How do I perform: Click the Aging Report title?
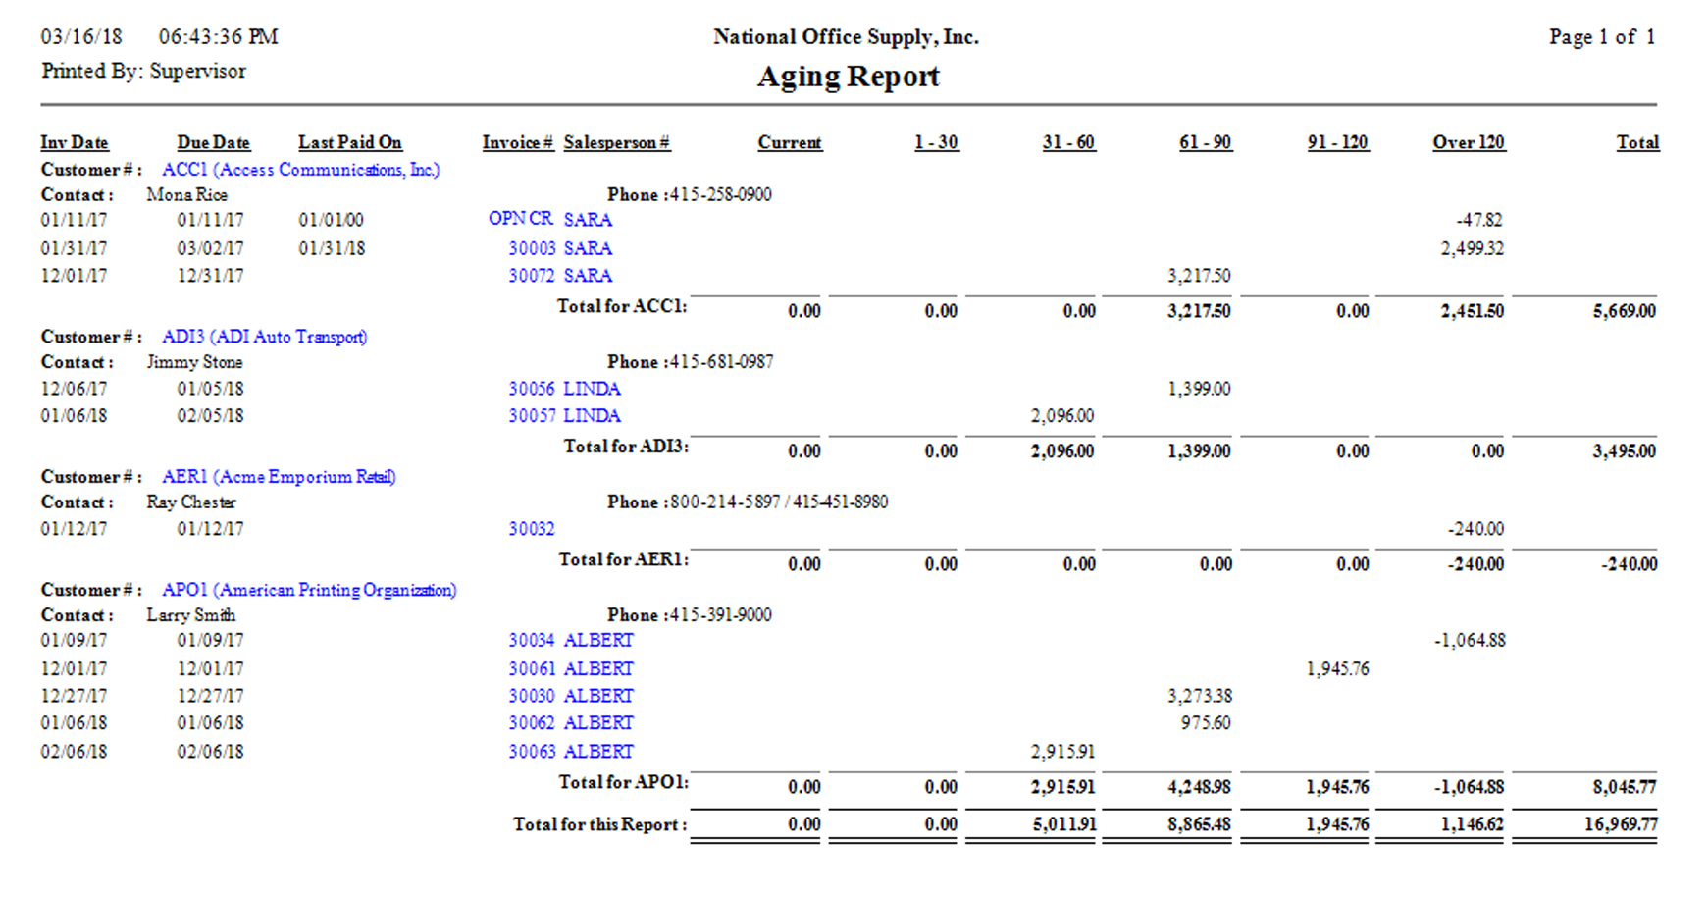point(848,77)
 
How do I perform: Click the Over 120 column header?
point(1468,142)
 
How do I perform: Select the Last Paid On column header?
point(349,142)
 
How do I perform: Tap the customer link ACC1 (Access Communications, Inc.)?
point(300,170)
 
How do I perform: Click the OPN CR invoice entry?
point(520,219)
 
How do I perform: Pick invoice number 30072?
point(531,276)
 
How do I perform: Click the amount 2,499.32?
point(1472,248)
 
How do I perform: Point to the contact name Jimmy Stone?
point(194,362)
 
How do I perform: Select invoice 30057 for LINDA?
point(532,416)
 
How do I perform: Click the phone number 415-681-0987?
point(721,362)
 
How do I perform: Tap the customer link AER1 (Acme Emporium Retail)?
point(279,477)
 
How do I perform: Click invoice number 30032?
point(531,529)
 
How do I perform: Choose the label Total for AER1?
point(623,559)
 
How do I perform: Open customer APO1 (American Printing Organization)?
point(309,590)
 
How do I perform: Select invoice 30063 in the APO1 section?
point(531,752)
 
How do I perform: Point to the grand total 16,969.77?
point(1621,824)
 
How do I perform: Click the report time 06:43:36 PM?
point(218,37)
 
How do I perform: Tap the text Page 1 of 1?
point(1601,37)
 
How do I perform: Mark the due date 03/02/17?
point(210,248)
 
